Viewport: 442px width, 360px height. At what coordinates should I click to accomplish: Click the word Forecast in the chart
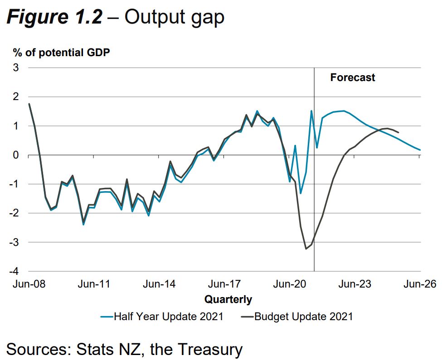(352, 77)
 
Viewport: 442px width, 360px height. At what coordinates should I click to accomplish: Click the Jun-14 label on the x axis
(159, 284)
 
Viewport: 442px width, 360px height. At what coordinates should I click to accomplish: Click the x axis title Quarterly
(228, 299)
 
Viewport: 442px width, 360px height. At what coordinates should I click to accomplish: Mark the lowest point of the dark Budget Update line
(306, 249)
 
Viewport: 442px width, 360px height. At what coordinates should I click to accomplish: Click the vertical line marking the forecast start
(314, 181)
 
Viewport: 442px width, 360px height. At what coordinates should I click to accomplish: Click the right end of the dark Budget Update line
(398, 132)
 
